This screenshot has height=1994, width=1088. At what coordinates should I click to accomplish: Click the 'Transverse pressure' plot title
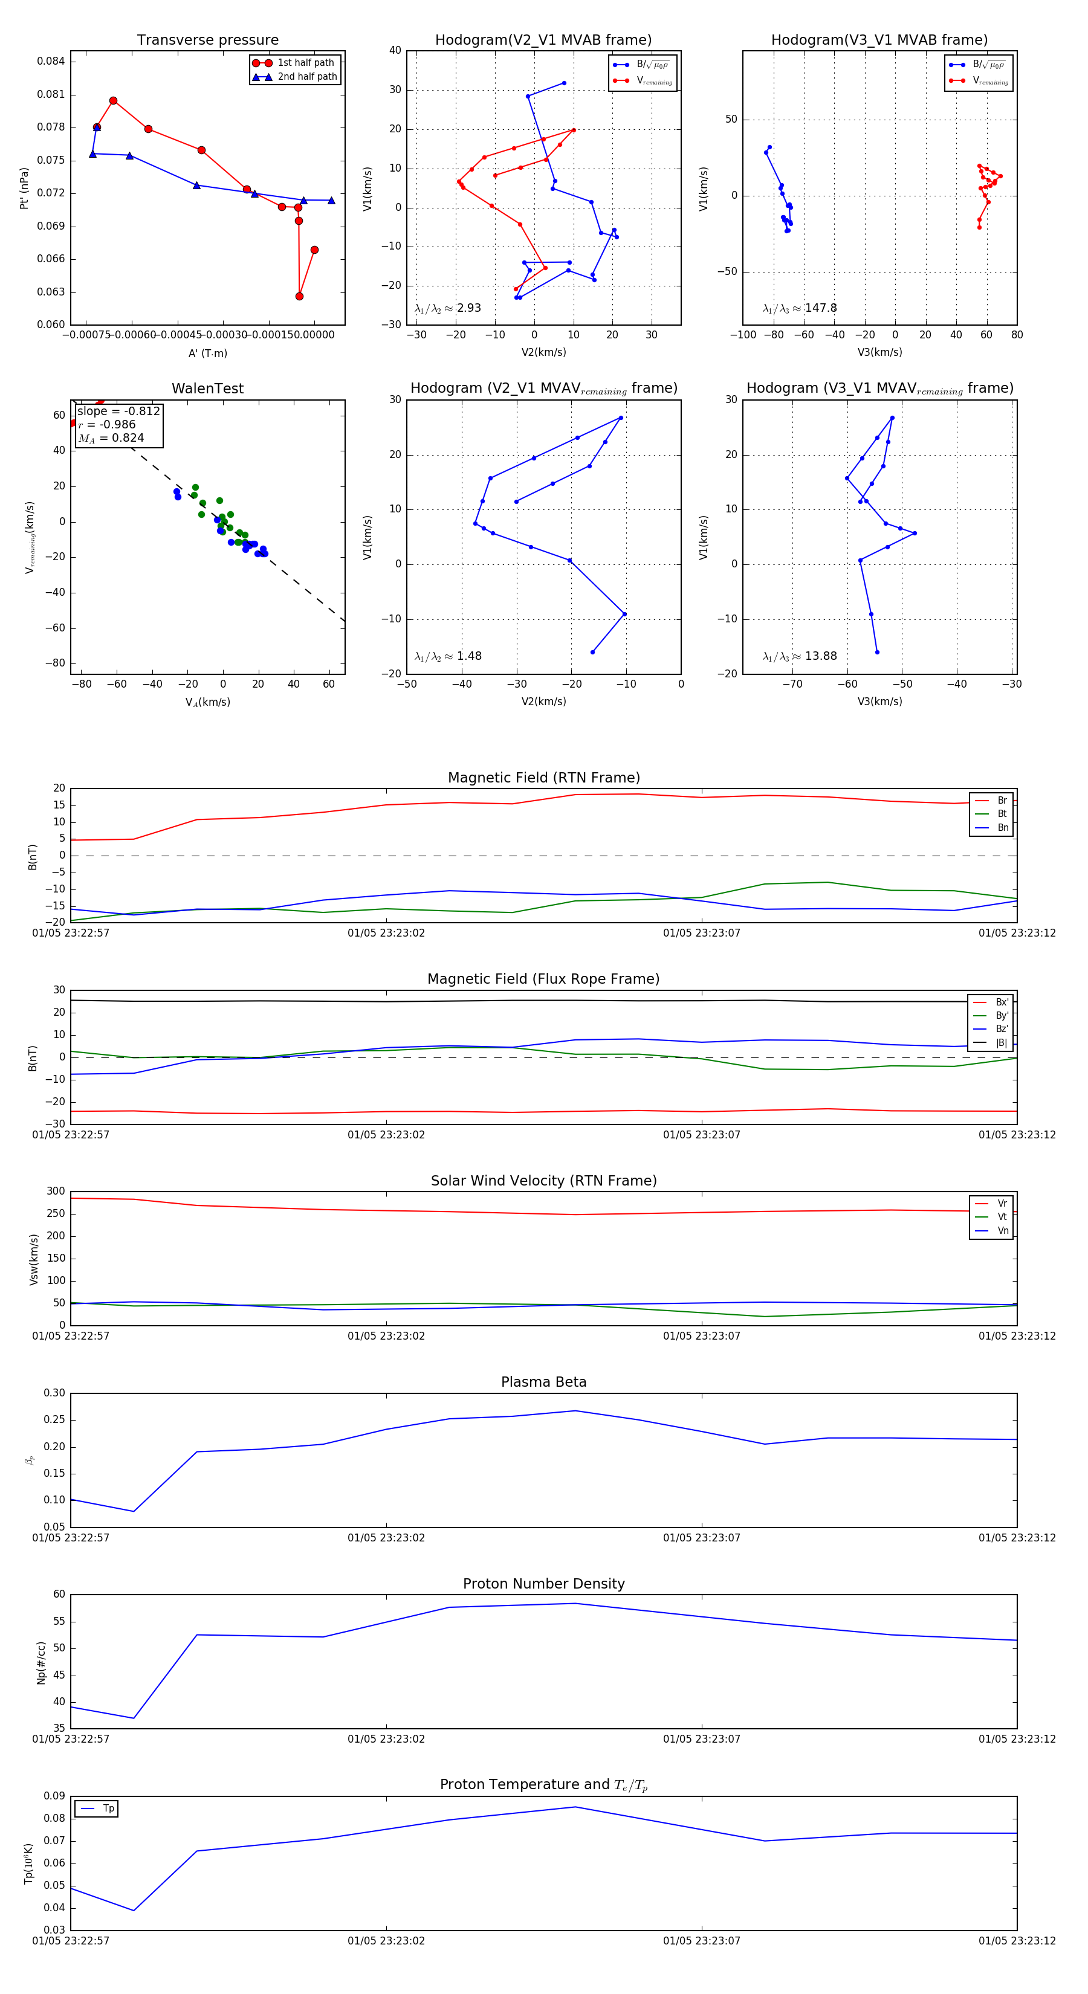click(207, 40)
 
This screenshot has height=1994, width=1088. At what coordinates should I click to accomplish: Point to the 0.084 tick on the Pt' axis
click(51, 61)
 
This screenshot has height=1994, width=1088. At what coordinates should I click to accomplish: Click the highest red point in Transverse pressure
click(113, 101)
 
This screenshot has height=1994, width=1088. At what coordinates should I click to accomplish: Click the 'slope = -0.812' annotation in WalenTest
click(118, 411)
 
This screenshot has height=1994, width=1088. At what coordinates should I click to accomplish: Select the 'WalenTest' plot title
click(207, 389)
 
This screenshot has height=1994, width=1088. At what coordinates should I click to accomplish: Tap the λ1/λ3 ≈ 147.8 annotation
click(799, 308)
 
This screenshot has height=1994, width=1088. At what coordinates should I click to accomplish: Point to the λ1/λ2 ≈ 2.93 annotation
click(447, 308)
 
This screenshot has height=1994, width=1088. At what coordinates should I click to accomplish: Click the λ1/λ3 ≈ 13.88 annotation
click(799, 656)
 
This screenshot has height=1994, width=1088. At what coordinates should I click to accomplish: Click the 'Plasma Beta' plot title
click(543, 1382)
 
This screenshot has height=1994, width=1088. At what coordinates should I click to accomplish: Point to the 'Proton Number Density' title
click(543, 1584)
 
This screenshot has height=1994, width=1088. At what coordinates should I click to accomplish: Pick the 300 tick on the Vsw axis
click(56, 1192)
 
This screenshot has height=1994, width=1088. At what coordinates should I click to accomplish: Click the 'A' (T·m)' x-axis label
click(207, 353)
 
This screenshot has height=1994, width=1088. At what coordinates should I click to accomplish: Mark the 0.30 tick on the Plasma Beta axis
click(54, 1393)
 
